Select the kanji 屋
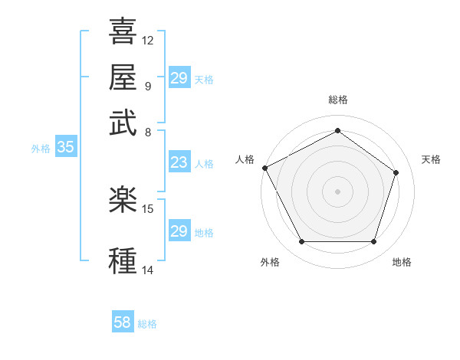[x=123, y=77]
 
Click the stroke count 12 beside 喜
[x=148, y=40]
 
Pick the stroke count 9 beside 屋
[x=147, y=86]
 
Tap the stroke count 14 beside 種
[x=148, y=270]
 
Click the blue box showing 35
[x=65, y=148]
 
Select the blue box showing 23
[x=179, y=162]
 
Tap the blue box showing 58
[x=123, y=322]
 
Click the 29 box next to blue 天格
[x=179, y=78]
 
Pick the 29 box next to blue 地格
[x=179, y=231]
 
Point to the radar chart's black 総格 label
[x=337, y=100]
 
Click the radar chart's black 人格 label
[x=245, y=159]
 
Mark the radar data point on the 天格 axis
[x=396, y=172]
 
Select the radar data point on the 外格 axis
[x=301, y=242]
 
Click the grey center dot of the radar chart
[x=337, y=191]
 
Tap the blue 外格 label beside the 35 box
[x=41, y=149]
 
